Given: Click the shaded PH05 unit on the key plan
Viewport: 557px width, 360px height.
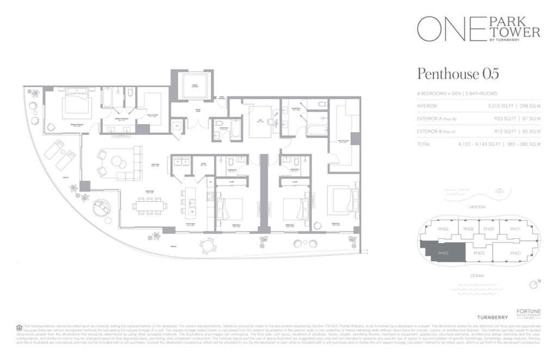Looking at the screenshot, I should coord(443,253).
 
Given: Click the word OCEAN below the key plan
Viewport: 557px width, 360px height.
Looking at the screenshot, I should coord(477,276).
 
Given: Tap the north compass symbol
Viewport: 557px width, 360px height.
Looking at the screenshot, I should coord(534,284).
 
